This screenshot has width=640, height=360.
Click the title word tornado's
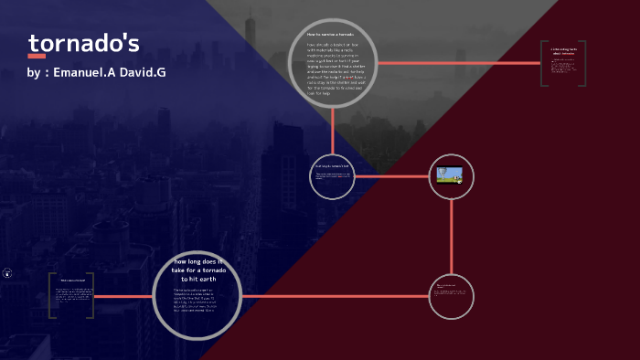(83, 44)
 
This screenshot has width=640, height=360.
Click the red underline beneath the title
(37, 57)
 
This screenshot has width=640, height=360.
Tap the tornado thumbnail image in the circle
(450, 175)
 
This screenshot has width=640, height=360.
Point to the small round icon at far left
(7, 272)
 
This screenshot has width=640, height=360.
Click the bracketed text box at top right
(560, 62)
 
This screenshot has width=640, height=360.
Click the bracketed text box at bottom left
(71, 294)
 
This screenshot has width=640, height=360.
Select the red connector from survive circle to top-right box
(457, 63)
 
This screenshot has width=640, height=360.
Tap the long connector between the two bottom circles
(335, 296)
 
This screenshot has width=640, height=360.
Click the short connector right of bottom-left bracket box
(123, 296)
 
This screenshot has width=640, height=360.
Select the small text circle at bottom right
(452, 296)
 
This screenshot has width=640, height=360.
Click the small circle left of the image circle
(333, 175)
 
